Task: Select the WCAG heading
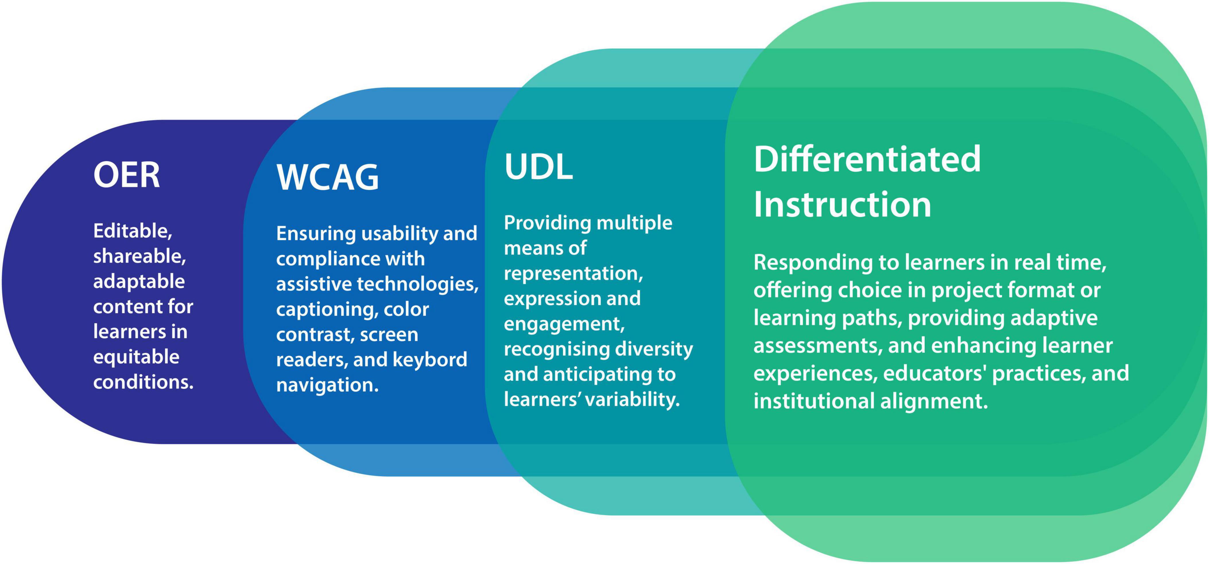point(327,177)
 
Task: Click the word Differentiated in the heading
point(867,160)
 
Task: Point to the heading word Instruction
point(842,205)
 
